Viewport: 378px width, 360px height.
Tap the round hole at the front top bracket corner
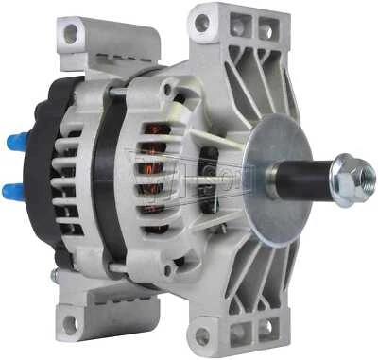click(201, 25)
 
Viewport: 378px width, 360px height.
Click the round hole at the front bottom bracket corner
click(202, 337)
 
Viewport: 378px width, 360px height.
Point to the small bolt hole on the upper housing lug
click(167, 91)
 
